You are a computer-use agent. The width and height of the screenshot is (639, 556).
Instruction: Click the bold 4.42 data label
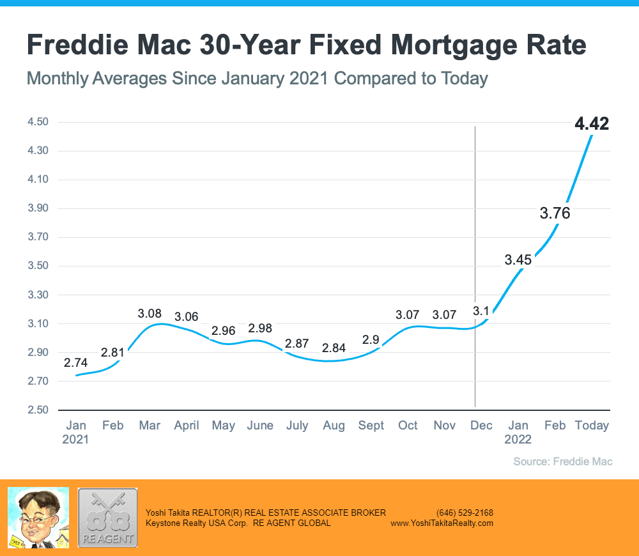592,124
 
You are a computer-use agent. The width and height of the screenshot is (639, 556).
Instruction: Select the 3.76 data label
555,213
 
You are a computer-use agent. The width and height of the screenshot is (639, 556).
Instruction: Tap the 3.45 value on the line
518,260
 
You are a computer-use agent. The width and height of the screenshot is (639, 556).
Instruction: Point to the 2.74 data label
76,362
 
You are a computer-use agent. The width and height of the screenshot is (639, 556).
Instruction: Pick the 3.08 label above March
150,314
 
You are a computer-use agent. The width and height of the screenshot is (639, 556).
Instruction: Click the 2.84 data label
334,348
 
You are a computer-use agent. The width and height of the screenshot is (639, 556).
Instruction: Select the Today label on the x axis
592,426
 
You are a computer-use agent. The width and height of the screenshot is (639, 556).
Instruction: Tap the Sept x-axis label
371,426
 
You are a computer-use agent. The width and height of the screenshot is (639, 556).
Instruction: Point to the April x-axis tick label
187,426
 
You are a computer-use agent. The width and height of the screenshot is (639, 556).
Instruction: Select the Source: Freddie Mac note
563,461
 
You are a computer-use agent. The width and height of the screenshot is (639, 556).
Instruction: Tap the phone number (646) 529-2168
465,513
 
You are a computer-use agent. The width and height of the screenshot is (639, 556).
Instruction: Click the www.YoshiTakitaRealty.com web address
442,523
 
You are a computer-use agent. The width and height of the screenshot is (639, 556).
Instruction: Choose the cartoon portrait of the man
38,518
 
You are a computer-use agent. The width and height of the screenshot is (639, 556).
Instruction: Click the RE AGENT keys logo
107,518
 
